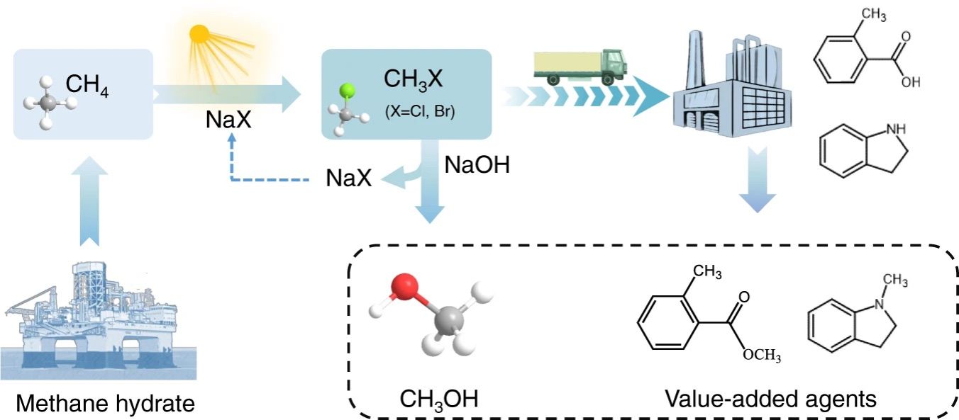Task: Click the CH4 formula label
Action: click(x=87, y=85)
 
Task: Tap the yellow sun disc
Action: click(x=199, y=34)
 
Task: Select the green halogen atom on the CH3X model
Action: click(x=347, y=91)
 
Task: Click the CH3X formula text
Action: click(x=413, y=79)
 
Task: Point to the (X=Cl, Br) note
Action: click(x=420, y=111)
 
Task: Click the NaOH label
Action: click(x=477, y=164)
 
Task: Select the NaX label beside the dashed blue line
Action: click(x=348, y=178)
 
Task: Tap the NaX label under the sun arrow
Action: click(x=228, y=119)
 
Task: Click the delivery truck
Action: click(x=580, y=67)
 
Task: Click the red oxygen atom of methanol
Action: click(x=404, y=286)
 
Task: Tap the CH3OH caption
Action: click(x=439, y=399)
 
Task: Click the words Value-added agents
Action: click(x=770, y=399)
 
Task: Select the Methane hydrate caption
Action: click(x=105, y=403)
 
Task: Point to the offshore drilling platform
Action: click(x=99, y=321)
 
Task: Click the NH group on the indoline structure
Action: click(x=896, y=129)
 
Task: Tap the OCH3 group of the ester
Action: click(x=762, y=355)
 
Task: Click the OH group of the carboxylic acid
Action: click(x=911, y=81)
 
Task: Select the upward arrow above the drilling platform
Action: click(x=90, y=200)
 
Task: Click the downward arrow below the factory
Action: click(x=758, y=180)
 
